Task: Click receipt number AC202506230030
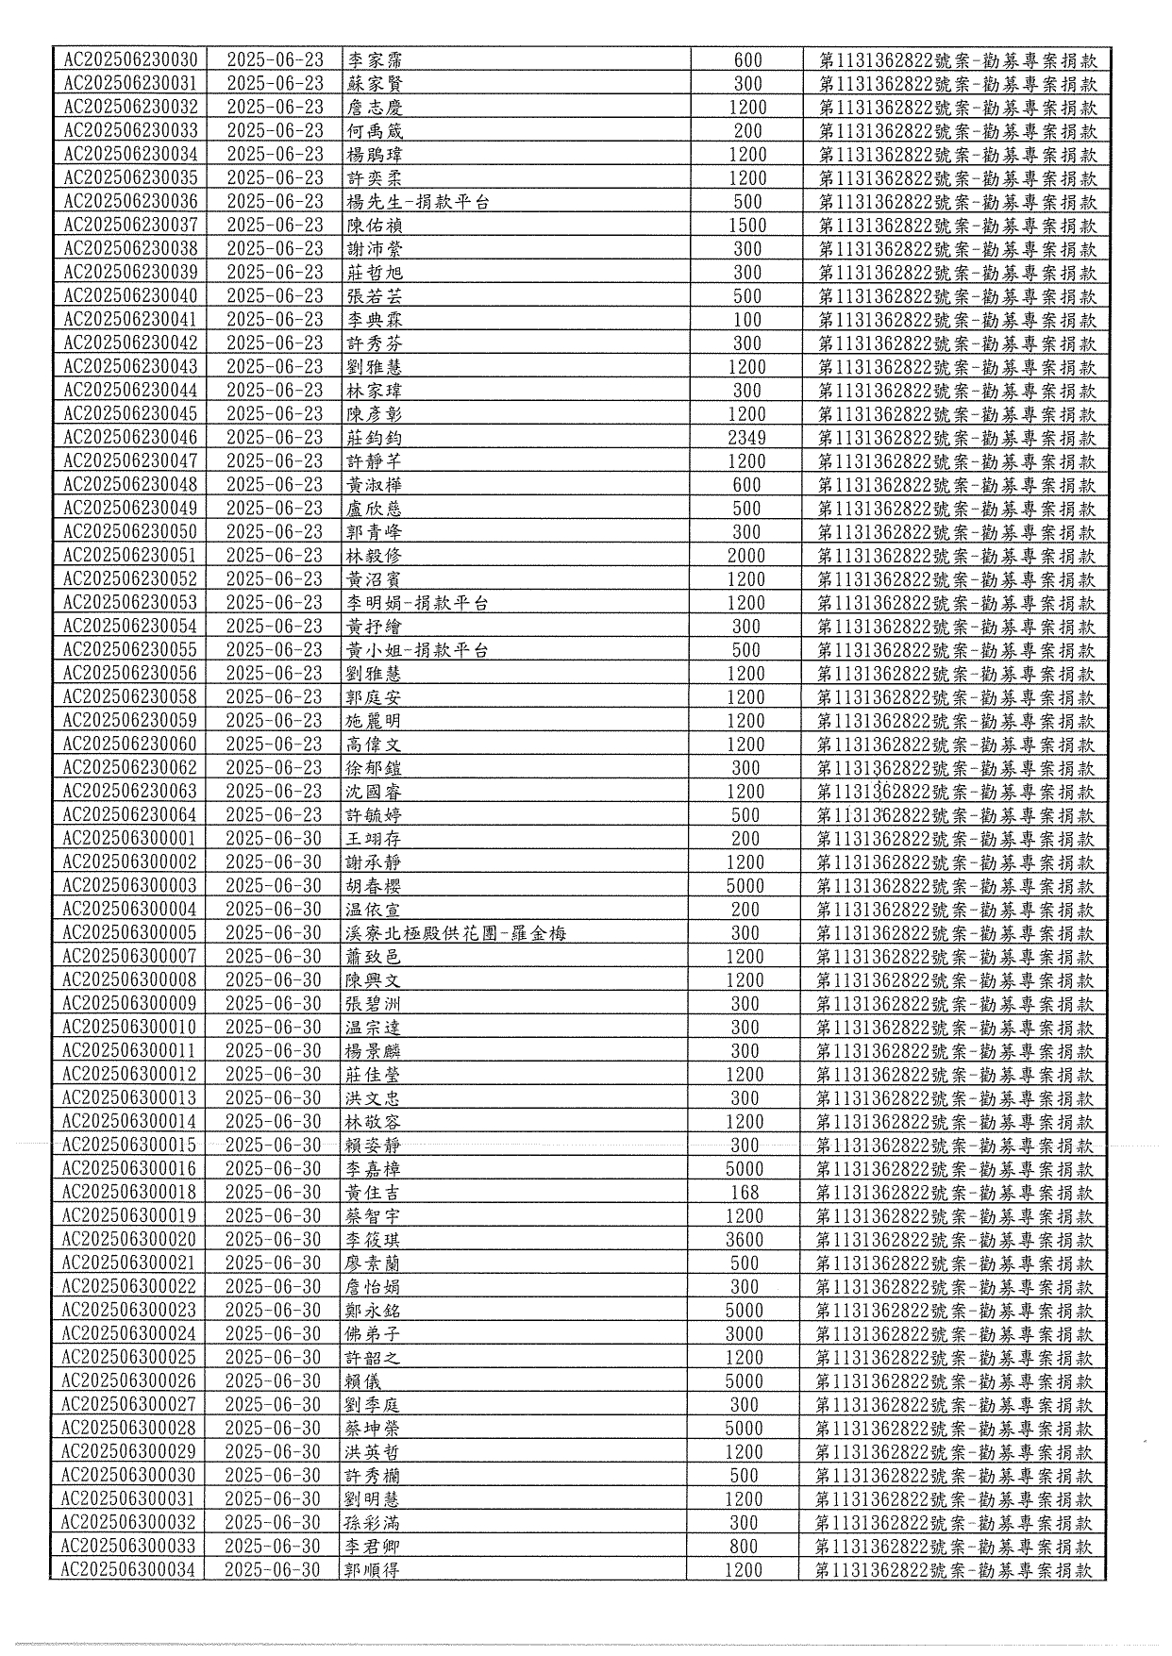coord(131,59)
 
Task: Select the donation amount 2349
coord(747,437)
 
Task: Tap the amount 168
coord(745,1192)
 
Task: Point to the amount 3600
coord(745,1239)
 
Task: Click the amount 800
coord(744,1546)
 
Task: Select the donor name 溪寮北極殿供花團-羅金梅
coord(456,932)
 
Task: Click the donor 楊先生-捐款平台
coord(418,201)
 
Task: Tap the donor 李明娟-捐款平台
coord(418,602)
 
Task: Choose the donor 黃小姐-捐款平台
coord(417,649)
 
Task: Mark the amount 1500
coord(747,225)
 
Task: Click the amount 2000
coord(746,555)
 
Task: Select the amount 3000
coord(745,1333)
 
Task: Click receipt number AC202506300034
coord(128,1569)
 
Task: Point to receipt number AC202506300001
coord(129,838)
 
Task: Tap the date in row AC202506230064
coord(274,814)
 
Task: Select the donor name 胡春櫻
coord(373,885)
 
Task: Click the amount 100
coord(747,319)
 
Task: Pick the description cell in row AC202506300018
coord(954,1192)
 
